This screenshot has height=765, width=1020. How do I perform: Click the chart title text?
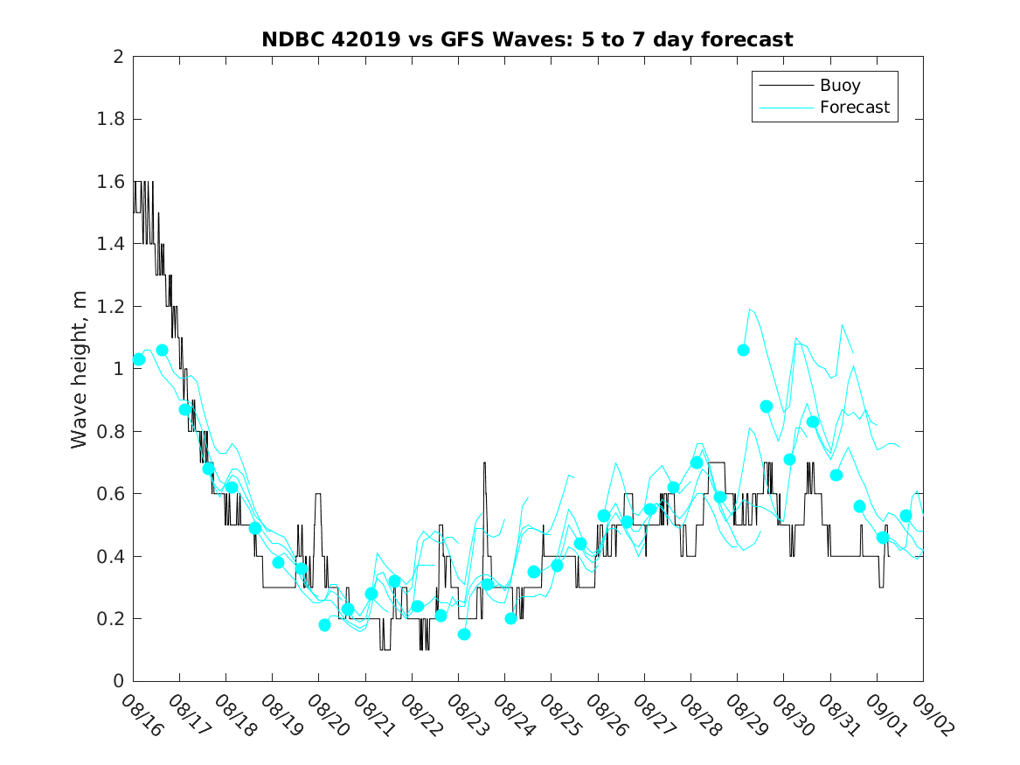[x=527, y=40]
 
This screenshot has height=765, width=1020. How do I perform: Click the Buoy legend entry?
[x=839, y=86]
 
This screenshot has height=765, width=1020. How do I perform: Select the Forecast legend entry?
[x=854, y=108]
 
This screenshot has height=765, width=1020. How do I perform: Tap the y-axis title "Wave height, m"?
[x=80, y=369]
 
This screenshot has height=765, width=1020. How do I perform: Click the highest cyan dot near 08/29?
[x=743, y=350]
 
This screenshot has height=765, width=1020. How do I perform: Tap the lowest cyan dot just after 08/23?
[x=464, y=634]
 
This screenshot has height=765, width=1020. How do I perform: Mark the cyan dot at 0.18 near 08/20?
[x=324, y=624]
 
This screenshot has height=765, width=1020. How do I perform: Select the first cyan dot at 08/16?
[x=138, y=359]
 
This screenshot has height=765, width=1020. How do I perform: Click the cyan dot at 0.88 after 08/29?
[x=767, y=406]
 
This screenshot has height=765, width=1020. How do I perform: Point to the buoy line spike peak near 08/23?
[x=483, y=463]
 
